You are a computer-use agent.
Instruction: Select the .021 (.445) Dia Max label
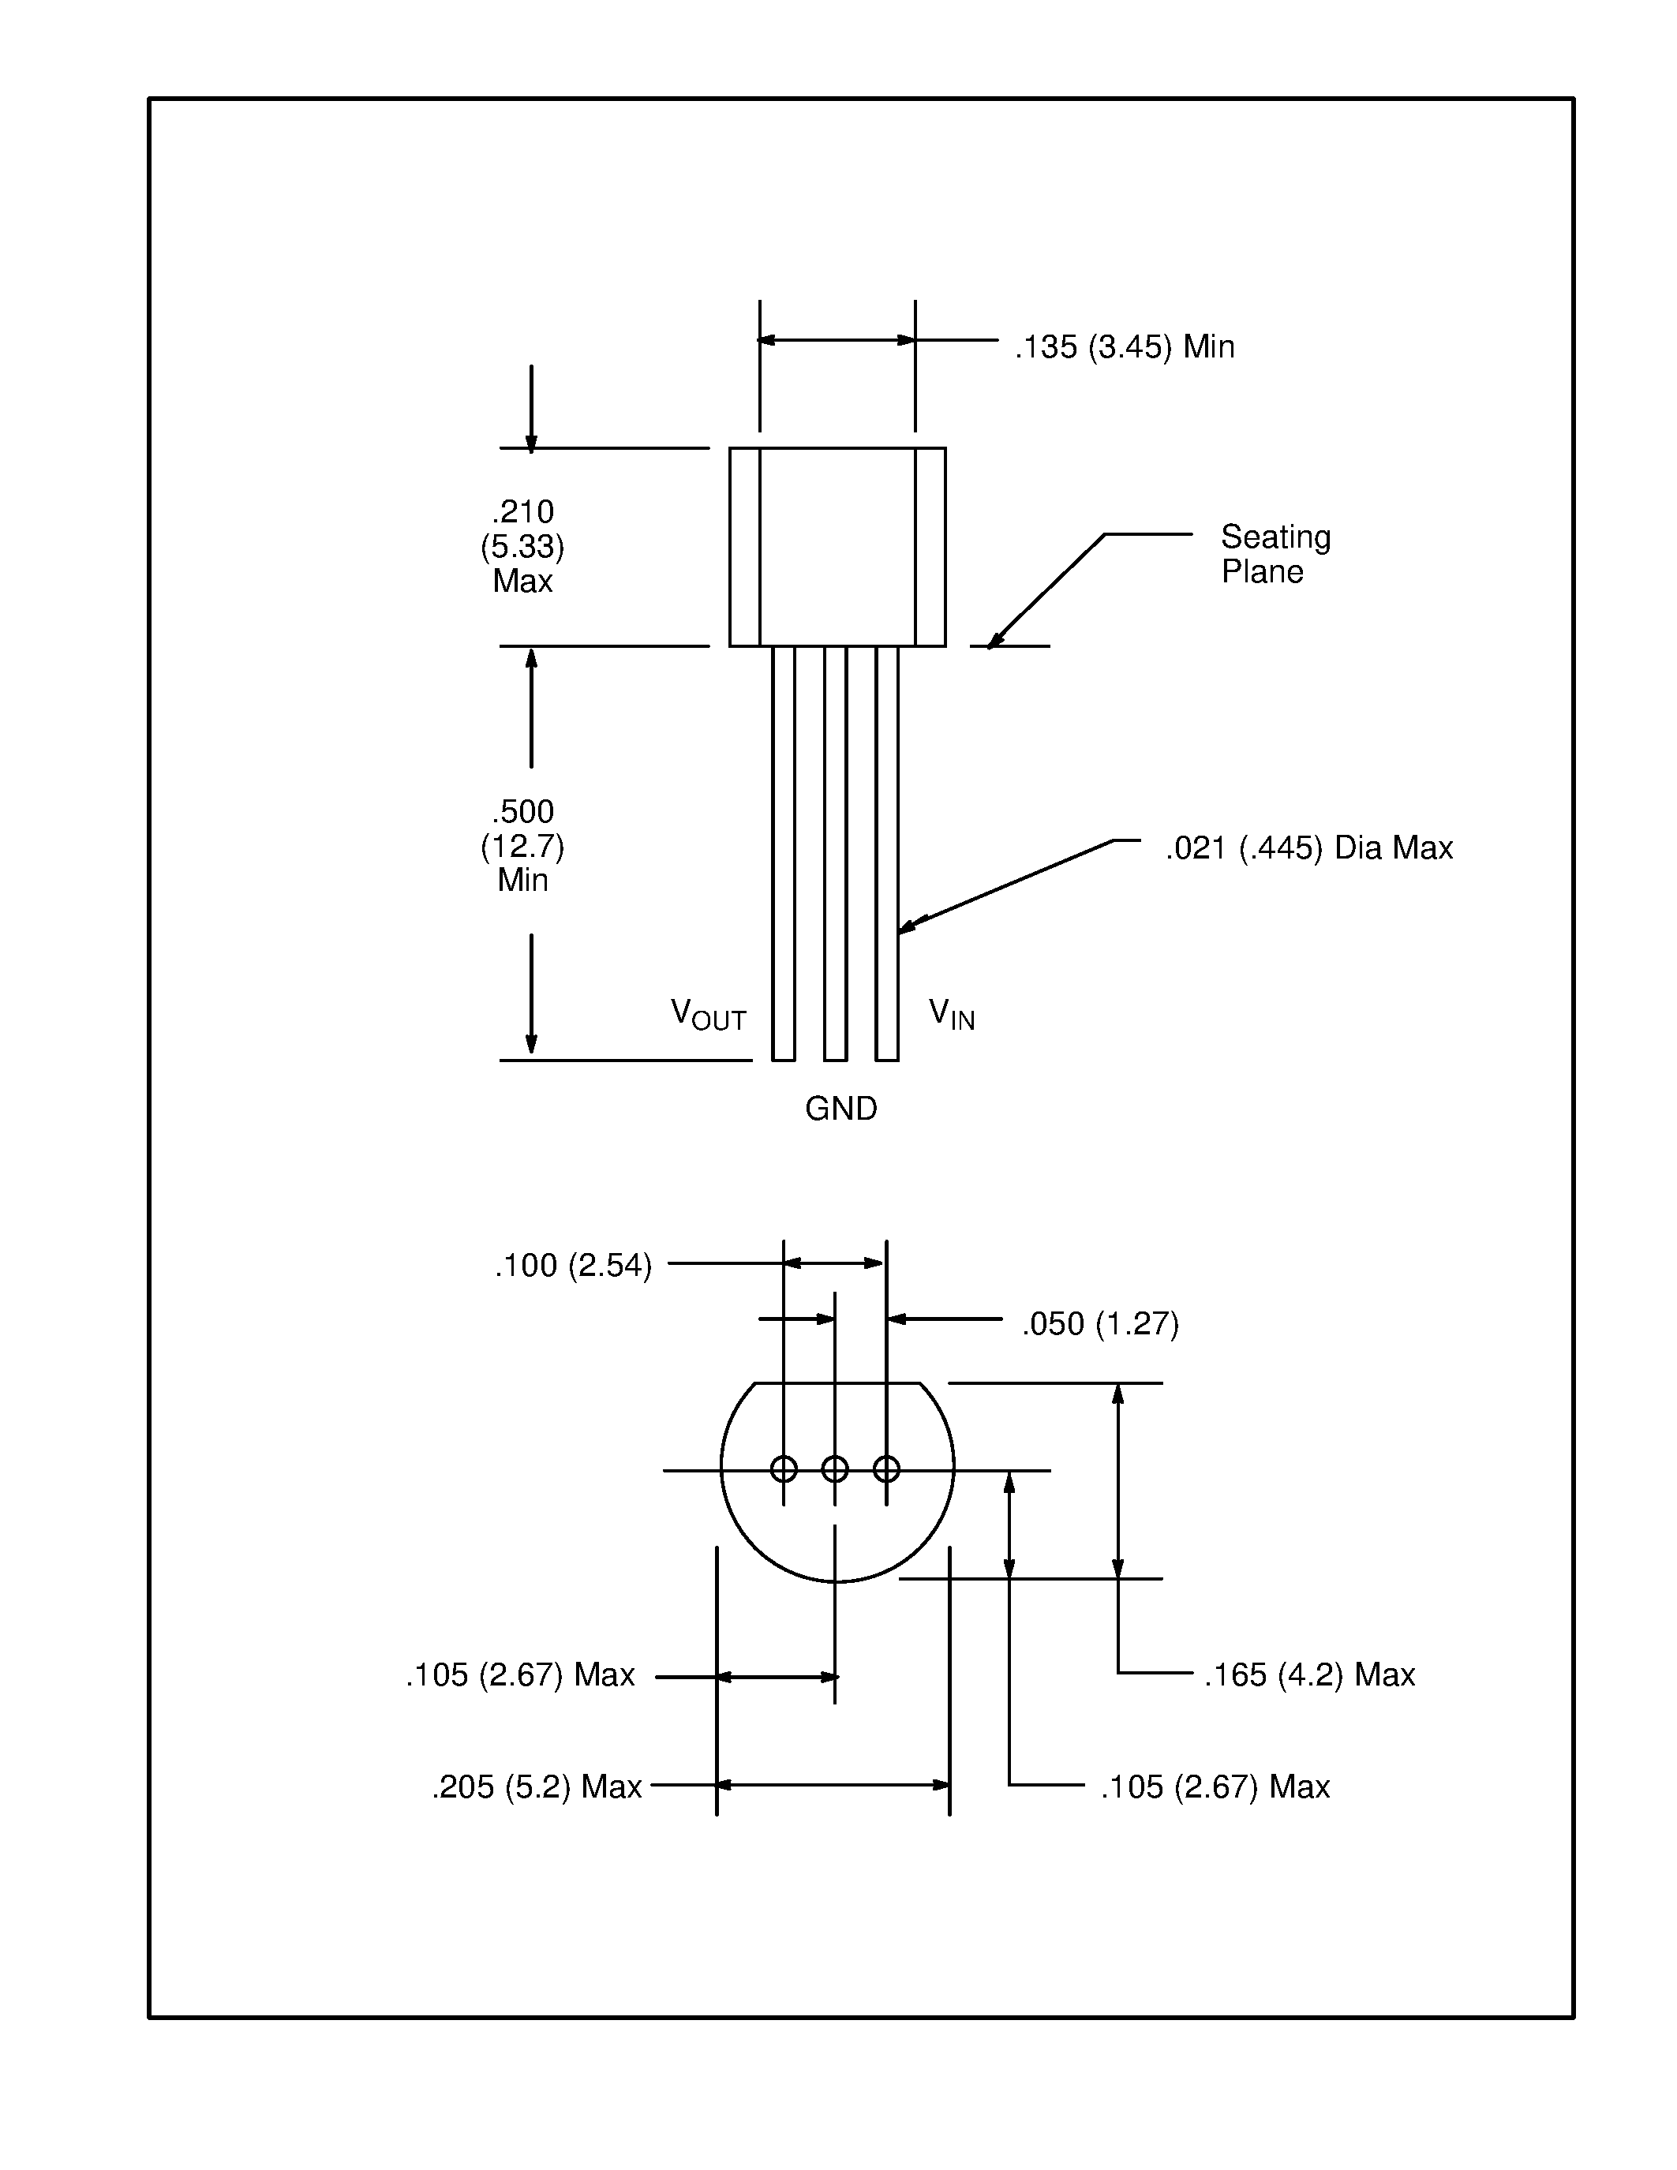coord(1308,848)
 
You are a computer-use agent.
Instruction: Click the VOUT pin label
coord(707,1015)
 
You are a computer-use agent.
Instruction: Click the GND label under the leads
coord(840,1109)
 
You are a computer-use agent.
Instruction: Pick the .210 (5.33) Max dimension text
coord(522,547)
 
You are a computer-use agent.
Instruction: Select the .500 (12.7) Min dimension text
coord(522,846)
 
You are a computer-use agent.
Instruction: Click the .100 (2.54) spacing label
coord(573,1266)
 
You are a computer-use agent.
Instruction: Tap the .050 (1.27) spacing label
coord(1100,1324)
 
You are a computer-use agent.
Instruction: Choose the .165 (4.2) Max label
coord(1308,1675)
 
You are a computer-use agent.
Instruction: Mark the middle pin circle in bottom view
coord(834,1468)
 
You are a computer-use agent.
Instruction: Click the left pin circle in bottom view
coord(784,1468)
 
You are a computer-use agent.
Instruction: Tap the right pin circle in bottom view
coord(886,1468)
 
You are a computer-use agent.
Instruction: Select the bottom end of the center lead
coord(834,1058)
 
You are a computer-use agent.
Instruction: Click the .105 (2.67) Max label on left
coord(519,1675)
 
